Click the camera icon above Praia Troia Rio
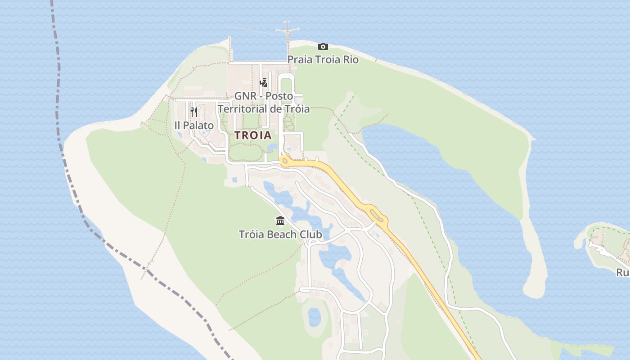323,46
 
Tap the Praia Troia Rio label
323,59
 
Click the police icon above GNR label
264,83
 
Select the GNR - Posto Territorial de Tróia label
264,103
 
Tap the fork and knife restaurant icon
194,112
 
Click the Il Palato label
194,126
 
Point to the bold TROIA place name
253,135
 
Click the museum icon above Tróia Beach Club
280,221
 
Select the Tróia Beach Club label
280,234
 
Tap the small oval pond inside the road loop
314,317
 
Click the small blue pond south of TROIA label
273,148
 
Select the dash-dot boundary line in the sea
58,90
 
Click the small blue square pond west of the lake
234,180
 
